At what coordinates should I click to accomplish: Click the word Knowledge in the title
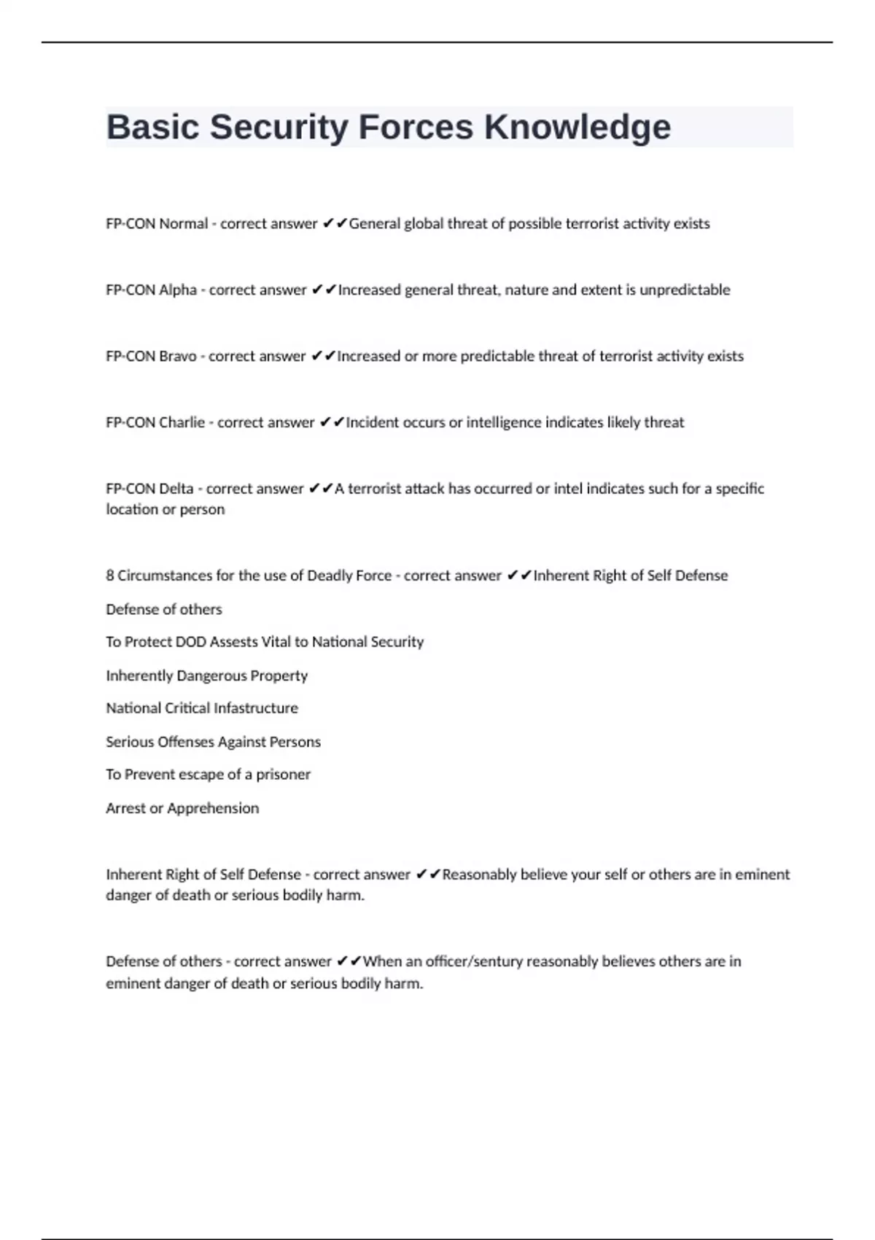pos(577,128)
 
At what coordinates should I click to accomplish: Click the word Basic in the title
pos(153,128)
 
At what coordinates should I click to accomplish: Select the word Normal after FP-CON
pos(183,224)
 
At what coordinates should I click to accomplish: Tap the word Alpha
pos(178,290)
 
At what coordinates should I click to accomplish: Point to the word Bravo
pos(178,357)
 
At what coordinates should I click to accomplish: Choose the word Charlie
pos(182,423)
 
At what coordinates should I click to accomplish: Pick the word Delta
pos(176,489)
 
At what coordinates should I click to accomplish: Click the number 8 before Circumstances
pos(110,576)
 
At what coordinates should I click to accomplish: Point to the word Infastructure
pos(255,708)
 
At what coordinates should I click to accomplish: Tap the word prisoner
pos(283,775)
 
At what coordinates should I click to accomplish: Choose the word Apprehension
pos(213,808)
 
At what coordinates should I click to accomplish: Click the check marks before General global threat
pos(334,223)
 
